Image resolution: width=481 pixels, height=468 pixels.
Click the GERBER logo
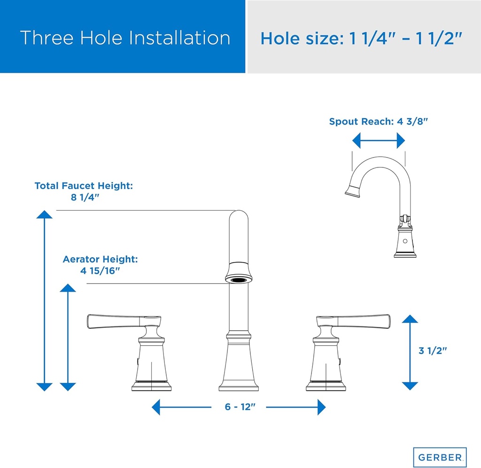[440, 457]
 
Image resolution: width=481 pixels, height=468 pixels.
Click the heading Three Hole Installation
[125, 38]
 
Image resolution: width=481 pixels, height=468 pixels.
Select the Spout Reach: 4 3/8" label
[379, 121]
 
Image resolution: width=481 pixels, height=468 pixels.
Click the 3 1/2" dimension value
[432, 350]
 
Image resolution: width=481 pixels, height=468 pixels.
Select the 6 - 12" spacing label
[239, 407]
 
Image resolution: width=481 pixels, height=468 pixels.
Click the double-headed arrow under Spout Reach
[379, 140]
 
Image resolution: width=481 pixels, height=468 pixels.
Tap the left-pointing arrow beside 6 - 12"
[181, 407]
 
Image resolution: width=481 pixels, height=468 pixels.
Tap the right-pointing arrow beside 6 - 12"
[296, 407]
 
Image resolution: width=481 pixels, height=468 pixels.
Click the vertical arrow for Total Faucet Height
[45, 301]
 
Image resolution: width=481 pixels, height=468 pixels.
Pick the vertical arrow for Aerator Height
[68, 337]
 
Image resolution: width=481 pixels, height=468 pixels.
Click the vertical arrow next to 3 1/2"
[410, 352]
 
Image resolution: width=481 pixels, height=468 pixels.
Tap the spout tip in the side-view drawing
[352, 190]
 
